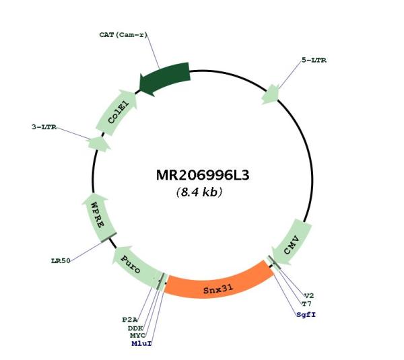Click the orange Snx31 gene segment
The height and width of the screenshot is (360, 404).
[x=218, y=286]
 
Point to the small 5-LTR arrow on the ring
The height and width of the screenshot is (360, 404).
[x=271, y=94]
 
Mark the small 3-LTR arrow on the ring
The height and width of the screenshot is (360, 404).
[x=99, y=144]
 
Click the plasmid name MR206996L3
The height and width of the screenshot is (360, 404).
[x=203, y=176]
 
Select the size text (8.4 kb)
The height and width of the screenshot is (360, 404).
[x=199, y=192]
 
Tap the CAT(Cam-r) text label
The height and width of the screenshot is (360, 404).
[x=123, y=35]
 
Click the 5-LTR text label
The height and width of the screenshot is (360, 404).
[x=314, y=61]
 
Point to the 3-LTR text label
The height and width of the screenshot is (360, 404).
[x=44, y=127]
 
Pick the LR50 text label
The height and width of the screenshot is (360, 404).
[x=61, y=261]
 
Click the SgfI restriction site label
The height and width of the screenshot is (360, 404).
[x=306, y=315]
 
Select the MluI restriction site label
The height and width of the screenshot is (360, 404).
[x=141, y=344]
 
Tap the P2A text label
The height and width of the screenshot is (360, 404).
[x=130, y=320]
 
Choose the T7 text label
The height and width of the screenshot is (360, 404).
[x=306, y=304]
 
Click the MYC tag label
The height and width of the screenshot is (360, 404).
[x=138, y=336]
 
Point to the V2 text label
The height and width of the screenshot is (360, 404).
[x=309, y=296]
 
